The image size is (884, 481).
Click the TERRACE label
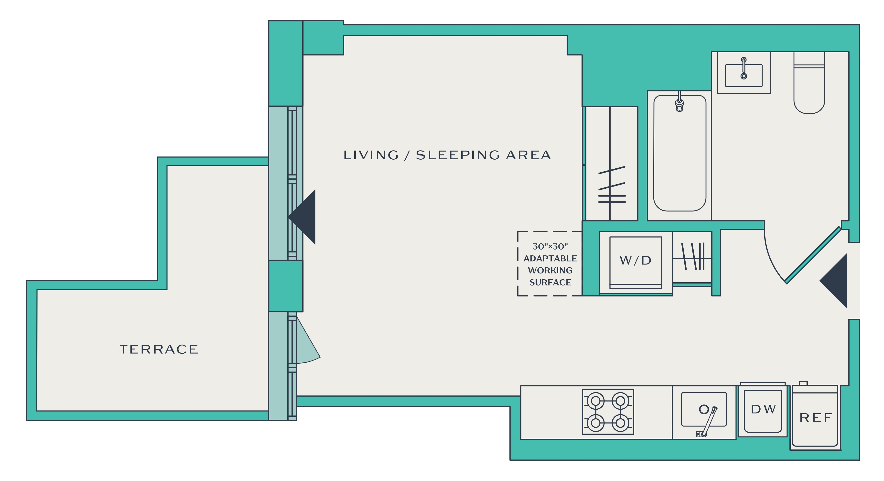tap(159, 349)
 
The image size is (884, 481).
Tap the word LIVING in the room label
tap(371, 155)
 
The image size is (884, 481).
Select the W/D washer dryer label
tap(636, 261)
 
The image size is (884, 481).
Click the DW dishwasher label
tap(763, 409)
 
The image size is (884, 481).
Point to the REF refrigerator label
tap(816, 418)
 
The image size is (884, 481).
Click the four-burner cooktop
tap(608, 412)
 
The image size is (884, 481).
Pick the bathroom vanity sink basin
tap(744, 76)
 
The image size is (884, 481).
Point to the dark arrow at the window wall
tap(302, 217)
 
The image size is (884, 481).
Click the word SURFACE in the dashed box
tap(550, 283)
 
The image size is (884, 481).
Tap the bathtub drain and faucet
tap(679, 102)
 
